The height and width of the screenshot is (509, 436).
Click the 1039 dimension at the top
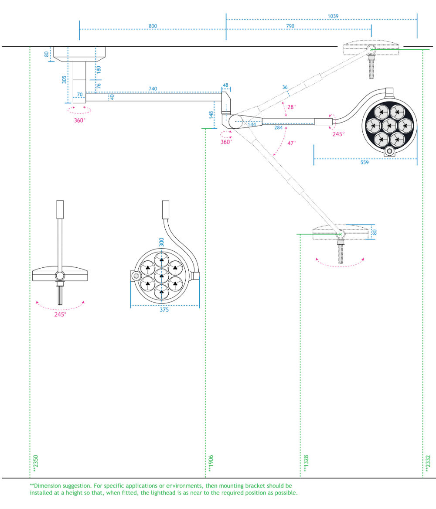(333, 16)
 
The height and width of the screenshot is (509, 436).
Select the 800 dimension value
(153, 26)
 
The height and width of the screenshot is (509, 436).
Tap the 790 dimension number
(290, 26)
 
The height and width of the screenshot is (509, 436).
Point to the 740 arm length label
(153, 89)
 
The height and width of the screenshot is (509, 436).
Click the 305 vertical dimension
(64, 80)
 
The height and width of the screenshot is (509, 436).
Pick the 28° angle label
(292, 106)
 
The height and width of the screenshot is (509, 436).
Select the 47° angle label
(292, 143)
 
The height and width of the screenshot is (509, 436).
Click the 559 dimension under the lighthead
(364, 163)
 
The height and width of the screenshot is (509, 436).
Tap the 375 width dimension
(164, 310)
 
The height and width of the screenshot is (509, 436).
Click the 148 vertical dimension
(211, 115)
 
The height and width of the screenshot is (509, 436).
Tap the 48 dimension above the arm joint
(225, 85)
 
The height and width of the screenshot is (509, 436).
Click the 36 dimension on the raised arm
(285, 88)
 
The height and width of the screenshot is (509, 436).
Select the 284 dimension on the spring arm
(279, 128)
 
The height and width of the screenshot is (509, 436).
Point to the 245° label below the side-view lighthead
(60, 314)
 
